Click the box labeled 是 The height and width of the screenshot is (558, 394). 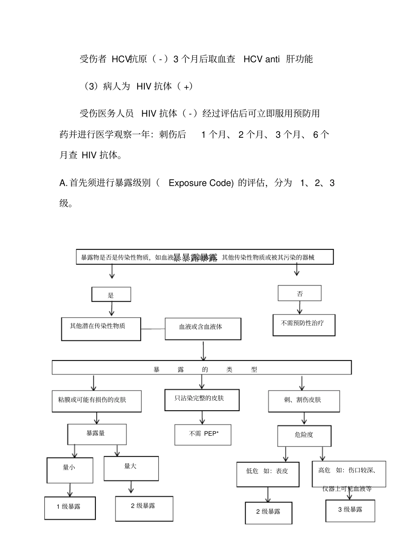(111, 295)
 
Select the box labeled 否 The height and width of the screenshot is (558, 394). (299, 293)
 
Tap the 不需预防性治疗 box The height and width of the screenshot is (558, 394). (304, 324)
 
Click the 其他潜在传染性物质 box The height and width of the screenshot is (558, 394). (101, 329)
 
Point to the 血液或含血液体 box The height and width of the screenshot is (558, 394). (203, 329)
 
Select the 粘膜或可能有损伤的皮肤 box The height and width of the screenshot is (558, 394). (96, 401)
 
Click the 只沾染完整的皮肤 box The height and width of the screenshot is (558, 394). (202, 400)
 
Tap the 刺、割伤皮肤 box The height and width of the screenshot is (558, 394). (304, 401)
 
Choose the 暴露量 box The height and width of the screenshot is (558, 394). (97, 434)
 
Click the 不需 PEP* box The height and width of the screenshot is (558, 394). (203, 434)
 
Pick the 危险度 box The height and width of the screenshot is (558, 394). (304, 436)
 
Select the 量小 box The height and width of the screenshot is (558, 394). (70, 470)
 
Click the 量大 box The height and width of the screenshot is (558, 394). (131, 468)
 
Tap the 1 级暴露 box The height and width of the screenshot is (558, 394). (70, 508)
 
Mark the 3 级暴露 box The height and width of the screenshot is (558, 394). (350, 510)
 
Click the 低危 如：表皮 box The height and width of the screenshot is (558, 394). (268, 474)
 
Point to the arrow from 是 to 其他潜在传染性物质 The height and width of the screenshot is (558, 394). (111, 309)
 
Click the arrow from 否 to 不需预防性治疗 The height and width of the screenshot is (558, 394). (299, 307)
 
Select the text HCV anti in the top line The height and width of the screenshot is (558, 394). (261, 59)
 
